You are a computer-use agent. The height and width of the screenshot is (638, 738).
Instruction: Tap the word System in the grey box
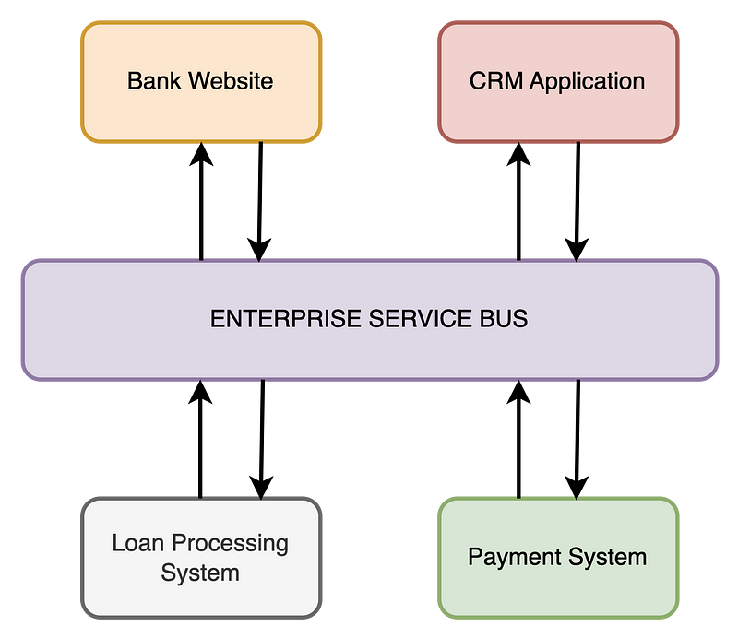click(200, 573)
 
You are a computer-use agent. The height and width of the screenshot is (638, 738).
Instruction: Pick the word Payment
click(512, 558)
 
